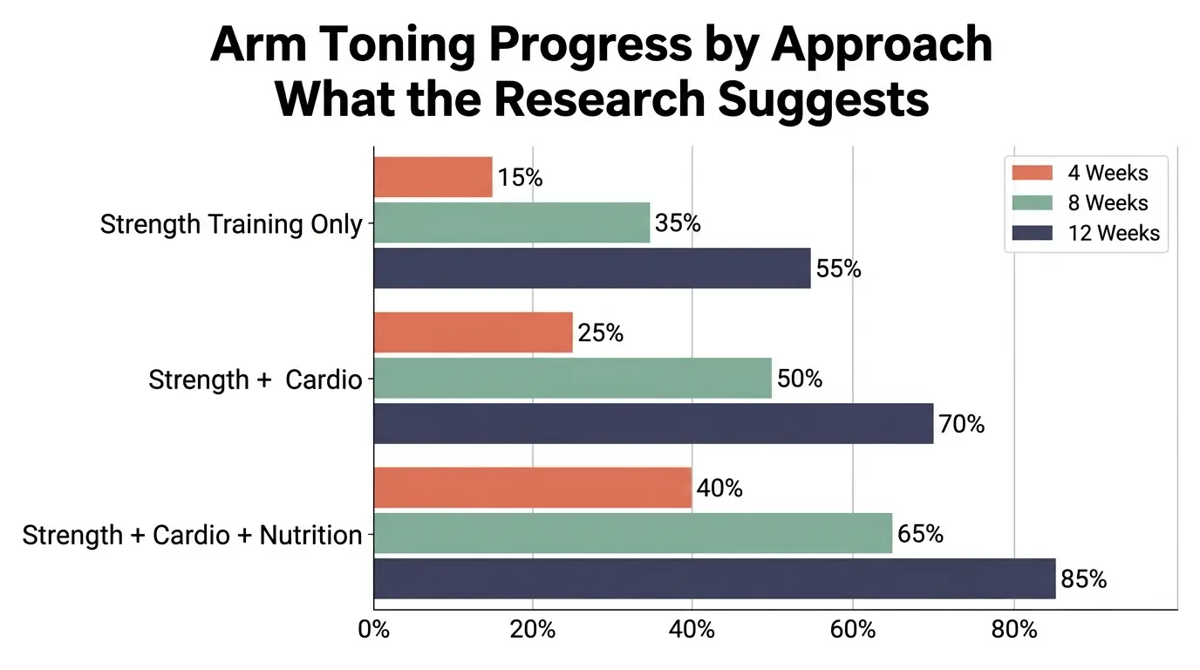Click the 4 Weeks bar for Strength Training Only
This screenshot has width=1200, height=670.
coord(433,177)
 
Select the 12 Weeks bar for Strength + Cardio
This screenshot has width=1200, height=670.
coord(653,424)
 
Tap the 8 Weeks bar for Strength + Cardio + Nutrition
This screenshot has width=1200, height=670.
coord(633,533)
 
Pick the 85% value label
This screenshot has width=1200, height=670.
coord(1083,579)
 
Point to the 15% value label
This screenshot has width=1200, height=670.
coord(520,178)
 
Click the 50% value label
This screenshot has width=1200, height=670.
coord(799,379)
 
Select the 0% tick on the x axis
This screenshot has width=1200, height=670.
coord(374,630)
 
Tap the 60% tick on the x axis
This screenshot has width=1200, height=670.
coord(853,630)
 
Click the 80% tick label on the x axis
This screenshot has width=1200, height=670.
coord(1014,630)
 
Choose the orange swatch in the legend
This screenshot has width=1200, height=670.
coord(1033,173)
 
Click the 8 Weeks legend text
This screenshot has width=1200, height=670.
coord(1108,203)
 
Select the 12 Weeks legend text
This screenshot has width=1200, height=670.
coord(1114,233)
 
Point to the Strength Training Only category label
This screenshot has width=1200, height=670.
coord(230,224)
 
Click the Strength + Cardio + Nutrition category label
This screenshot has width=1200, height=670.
coord(192,535)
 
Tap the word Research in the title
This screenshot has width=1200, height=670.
coord(598,99)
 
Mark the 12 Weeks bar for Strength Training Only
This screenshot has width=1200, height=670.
coord(592,269)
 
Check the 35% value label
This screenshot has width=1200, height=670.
coord(678,223)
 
